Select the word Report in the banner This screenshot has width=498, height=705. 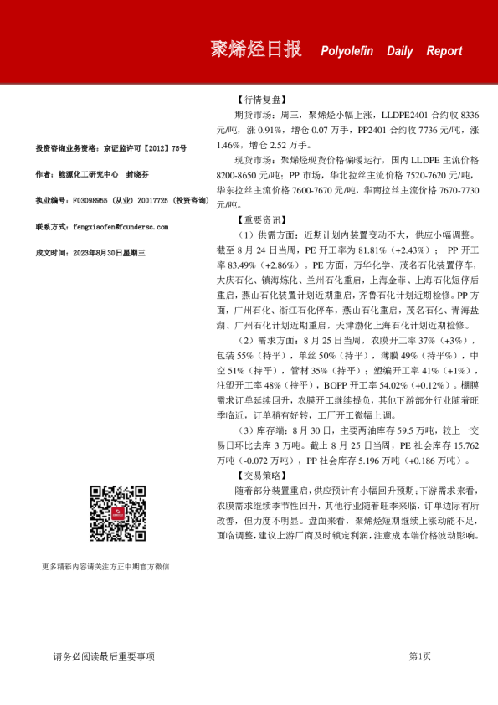[x=444, y=51]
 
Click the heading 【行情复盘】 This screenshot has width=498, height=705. [x=262, y=99]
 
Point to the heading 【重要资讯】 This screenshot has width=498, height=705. [x=262, y=219]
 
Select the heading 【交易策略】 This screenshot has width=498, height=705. [x=262, y=474]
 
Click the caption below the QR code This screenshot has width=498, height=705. [x=105, y=567]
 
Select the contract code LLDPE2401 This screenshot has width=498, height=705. [x=404, y=113]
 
